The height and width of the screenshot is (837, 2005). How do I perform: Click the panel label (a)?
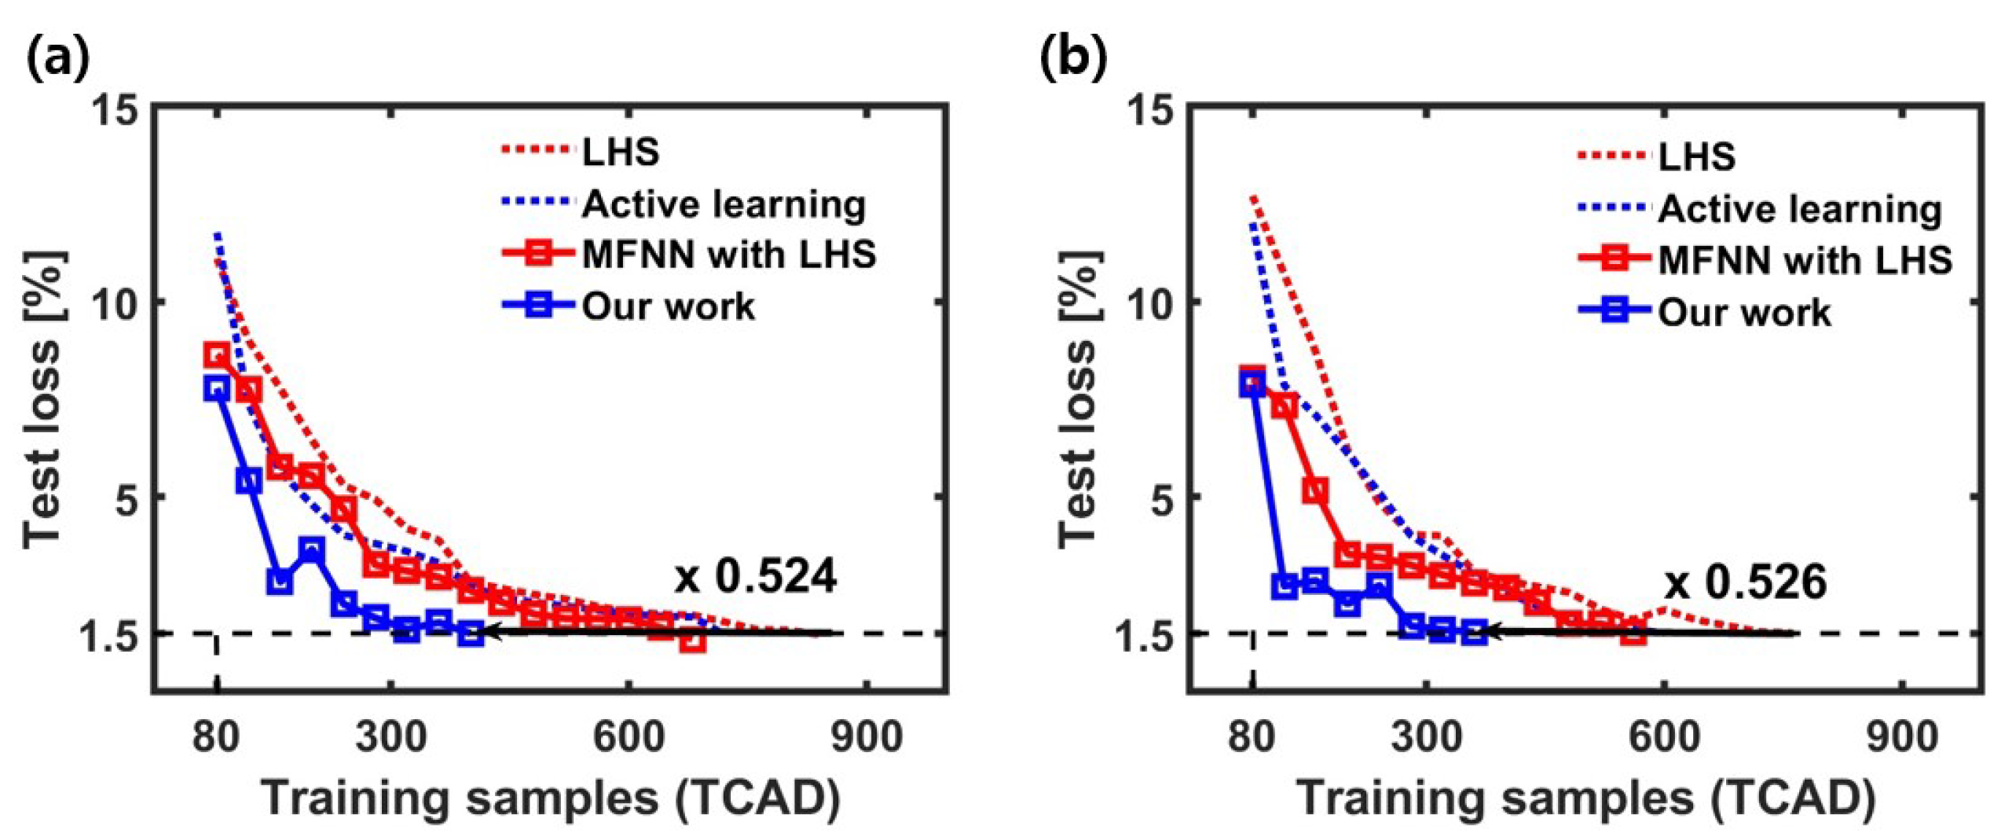[58, 60]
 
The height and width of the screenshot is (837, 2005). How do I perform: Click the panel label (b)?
[1073, 60]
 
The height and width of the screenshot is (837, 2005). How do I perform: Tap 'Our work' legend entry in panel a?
[668, 306]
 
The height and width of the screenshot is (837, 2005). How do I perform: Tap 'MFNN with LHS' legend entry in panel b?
[1805, 259]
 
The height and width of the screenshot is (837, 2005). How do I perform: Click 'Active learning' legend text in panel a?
[724, 204]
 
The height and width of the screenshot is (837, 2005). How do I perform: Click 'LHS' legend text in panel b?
[1697, 156]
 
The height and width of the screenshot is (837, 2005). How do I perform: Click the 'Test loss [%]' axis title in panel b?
[1081, 401]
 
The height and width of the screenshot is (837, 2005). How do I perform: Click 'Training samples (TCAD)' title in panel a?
[550, 798]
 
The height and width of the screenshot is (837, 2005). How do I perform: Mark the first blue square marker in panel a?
[217, 388]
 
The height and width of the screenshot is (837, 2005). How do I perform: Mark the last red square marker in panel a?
[691, 641]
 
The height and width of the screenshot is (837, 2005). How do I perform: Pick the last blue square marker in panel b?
[1475, 632]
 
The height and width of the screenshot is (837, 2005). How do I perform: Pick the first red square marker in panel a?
[217, 354]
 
